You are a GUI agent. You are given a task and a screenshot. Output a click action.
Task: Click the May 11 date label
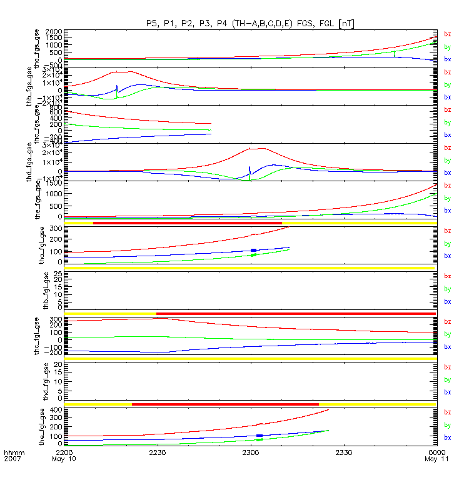[427, 459]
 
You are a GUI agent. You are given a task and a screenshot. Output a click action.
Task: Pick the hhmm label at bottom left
[13, 452]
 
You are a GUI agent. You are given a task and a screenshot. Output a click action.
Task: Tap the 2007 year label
[13, 459]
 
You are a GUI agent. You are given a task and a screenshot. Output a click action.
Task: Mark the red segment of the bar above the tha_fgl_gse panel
[188, 223]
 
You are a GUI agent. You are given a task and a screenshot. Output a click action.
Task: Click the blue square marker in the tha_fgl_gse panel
[253, 250]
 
